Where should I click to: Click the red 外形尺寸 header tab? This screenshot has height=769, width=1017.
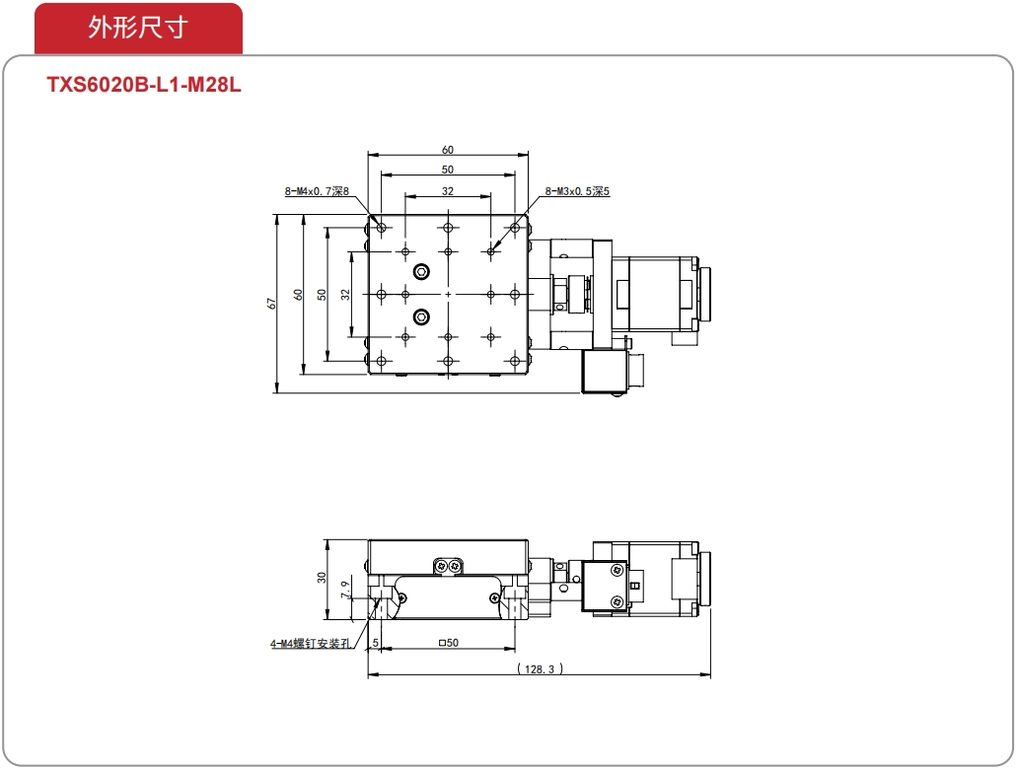tap(138, 28)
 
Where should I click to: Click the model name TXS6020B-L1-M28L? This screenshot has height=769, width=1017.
tap(144, 85)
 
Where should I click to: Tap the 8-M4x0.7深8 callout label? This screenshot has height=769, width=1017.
tap(317, 191)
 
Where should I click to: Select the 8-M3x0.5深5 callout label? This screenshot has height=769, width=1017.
tap(577, 191)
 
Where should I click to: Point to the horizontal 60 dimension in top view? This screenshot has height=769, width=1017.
tap(448, 150)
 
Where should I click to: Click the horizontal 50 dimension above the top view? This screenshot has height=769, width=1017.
tap(448, 170)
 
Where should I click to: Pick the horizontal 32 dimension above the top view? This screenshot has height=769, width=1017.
tap(448, 191)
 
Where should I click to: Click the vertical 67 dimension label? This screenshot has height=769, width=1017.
tap(272, 304)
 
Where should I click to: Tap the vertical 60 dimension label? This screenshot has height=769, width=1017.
tap(298, 295)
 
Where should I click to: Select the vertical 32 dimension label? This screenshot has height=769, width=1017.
tap(345, 295)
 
